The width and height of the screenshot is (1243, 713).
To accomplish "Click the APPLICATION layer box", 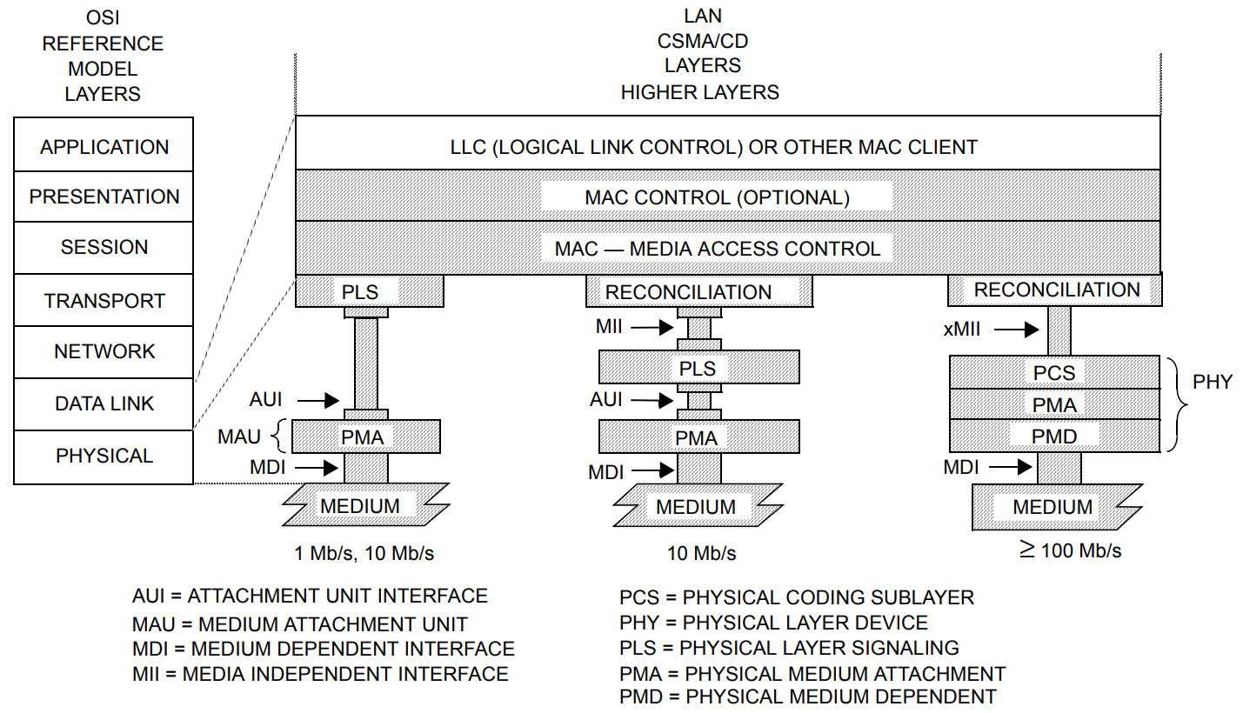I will coord(104,146).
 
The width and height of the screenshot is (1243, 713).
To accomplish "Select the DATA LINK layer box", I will coord(104,404).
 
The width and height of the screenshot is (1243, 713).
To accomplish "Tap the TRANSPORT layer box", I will coord(104,301).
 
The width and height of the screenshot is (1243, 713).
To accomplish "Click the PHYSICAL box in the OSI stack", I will coord(104,456).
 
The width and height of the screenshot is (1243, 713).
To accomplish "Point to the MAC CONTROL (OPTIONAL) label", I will coord(717,197).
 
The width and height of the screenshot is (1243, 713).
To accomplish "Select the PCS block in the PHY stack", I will coord(1054,373).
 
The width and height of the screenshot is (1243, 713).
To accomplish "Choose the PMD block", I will coord(1054,436).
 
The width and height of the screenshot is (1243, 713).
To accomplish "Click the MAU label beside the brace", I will coord(239,436).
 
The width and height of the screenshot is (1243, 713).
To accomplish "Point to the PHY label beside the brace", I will coord(1213,382).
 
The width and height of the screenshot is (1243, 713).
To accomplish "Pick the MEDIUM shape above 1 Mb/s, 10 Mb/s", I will coord(360,506).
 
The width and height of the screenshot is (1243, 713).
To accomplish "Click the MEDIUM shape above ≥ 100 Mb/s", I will coord(1053,507).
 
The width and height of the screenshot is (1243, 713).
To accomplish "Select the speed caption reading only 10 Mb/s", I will coord(701,553).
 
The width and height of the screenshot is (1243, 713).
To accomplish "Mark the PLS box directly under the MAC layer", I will coord(360,291).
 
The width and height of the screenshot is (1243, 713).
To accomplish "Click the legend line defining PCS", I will coord(797,597).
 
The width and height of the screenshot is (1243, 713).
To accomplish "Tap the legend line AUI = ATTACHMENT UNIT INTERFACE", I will coord(310,596).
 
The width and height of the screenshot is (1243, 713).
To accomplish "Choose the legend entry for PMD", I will coord(808,696).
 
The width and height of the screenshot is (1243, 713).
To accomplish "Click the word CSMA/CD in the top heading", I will coord(703,41).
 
